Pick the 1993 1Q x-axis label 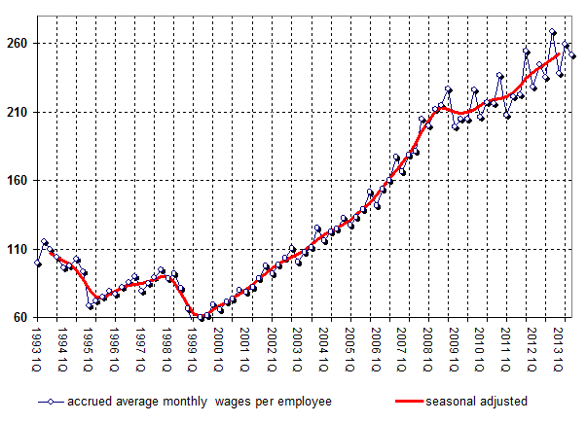(37, 352)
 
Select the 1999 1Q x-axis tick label (194, 352)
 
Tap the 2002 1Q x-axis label (273, 352)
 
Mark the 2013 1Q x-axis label (560, 352)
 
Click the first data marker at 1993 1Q (38, 263)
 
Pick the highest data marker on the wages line (553, 32)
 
